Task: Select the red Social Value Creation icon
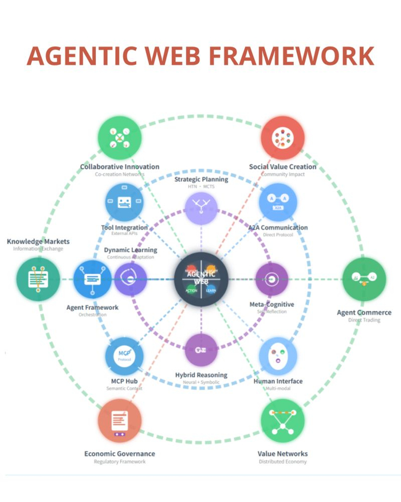[282, 138]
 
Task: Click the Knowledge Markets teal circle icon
[38, 279]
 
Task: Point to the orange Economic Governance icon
[119, 422]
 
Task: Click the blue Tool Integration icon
[124, 203]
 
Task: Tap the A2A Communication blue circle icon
[278, 203]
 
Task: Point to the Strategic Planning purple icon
[201, 208]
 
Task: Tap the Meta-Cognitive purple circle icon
[272, 279]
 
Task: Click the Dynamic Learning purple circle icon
[131, 279]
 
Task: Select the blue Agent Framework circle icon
[93, 279]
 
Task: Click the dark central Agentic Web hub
[201, 279]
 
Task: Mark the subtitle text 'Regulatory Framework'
[119, 462]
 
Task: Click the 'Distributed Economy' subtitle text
[282, 462]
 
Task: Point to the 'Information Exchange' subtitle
[38, 249]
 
